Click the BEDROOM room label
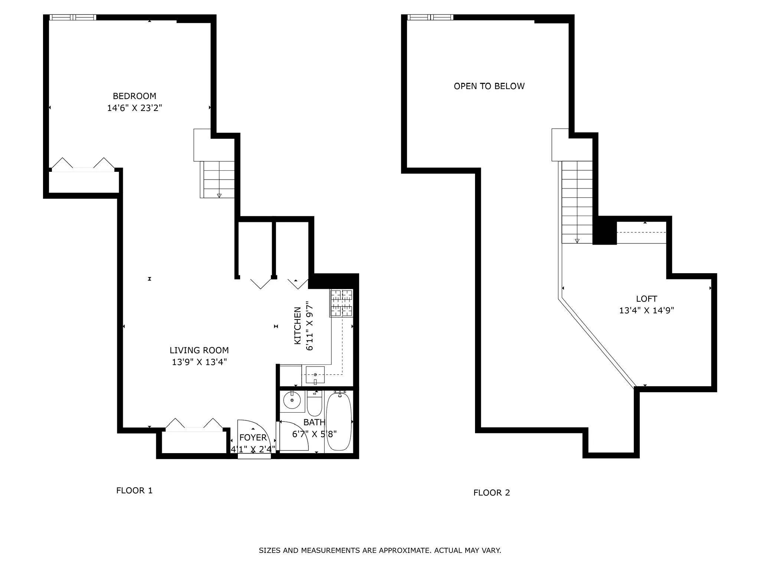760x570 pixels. pyautogui.click(x=134, y=96)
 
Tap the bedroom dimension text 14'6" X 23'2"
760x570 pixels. pyautogui.click(x=134, y=108)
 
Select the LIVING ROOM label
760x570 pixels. pyautogui.click(x=199, y=350)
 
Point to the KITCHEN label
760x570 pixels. pyautogui.click(x=298, y=325)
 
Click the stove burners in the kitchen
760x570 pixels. pyautogui.click(x=341, y=303)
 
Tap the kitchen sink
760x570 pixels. pyautogui.click(x=315, y=375)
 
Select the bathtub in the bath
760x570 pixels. pyautogui.click(x=338, y=422)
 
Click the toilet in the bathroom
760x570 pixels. pyautogui.click(x=314, y=404)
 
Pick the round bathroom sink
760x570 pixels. pyautogui.click(x=292, y=400)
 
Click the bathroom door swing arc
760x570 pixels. pyautogui.click(x=297, y=436)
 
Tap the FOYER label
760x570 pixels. pyautogui.click(x=253, y=438)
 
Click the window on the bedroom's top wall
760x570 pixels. pyautogui.click(x=73, y=17)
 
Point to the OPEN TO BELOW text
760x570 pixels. pyautogui.click(x=489, y=86)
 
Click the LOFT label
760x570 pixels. pyautogui.click(x=646, y=299)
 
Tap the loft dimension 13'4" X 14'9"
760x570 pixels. pyautogui.click(x=646, y=311)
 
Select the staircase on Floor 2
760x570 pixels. pyautogui.click(x=577, y=202)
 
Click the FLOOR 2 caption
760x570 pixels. pyautogui.click(x=491, y=493)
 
